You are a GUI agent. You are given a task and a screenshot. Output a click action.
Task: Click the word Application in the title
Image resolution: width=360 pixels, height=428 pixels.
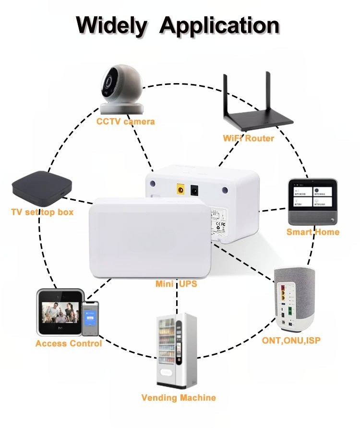pyautogui.click(x=219, y=25)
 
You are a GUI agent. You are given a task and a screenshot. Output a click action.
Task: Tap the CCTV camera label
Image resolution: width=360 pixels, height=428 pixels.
pyautogui.click(x=126, y=122)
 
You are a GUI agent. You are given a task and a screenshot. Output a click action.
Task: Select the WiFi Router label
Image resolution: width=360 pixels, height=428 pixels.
pyautogui.click(x=248, y=138)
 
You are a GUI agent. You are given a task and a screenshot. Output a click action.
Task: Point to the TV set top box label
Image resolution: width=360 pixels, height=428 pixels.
pyautogui.click(x=42, y=211)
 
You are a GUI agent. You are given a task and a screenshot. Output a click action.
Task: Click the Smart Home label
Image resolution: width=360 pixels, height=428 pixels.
pyautogui.click(x=313, y=232)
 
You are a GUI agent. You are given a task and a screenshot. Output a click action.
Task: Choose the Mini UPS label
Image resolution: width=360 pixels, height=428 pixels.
pyautogui.click(x=176, y=284)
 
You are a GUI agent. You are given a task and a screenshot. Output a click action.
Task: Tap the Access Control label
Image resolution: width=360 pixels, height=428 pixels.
pyautogui.click(x=69, y=343)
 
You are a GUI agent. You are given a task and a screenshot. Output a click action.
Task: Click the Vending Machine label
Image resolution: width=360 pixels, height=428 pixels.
pyautogui.click(x=179, y=398)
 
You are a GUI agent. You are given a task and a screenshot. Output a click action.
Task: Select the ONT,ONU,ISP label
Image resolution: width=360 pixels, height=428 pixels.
pyautogui.click(x=291, y=341)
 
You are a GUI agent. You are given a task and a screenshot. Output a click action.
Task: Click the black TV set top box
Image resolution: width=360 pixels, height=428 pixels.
pyautogui.click(x=42, y=186)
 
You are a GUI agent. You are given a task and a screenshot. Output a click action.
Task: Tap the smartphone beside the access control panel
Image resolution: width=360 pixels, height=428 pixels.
pyautogui.click(x=90, y=318)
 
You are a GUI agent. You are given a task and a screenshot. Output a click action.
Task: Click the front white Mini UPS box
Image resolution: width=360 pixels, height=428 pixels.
pyautogui.click(x=148, y=238)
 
